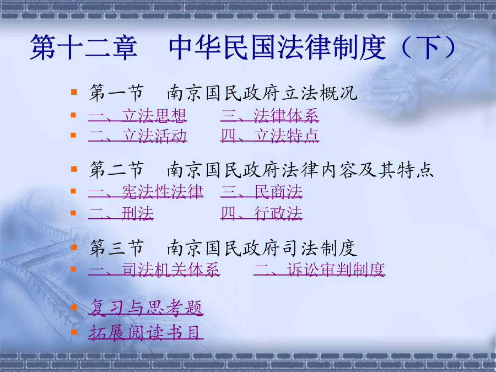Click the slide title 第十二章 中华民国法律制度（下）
(x=243, y=47)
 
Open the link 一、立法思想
(x=138, y=116)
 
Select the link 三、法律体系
(x=270, y=116)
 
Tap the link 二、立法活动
(x=138, y=136)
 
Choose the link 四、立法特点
(x=270, y=136)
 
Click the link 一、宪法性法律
(x=146, y=192)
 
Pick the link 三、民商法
(x=262, y=192)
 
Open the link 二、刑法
(x=121, y=213)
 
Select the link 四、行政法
(x=262, y=213)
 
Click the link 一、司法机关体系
(x=154, y=270)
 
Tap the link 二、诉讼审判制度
(x=320, y=270)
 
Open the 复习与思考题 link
(x=146, y=308)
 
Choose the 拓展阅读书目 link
(x=146, y=332)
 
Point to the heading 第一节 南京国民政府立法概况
(x=223, y=93)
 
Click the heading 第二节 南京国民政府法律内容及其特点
(x=262, y=170)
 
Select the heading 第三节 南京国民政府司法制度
(x=223, y=248)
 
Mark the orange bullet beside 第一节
(x=74, y=92)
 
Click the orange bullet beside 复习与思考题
(x=74, y=307)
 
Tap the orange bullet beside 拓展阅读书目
(x=74, y=332)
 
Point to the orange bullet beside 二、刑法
(x=73, y=213)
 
